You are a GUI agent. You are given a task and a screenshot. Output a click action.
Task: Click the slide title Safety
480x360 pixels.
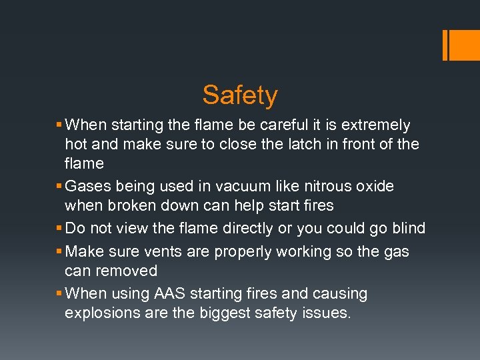click(x=240, y=95)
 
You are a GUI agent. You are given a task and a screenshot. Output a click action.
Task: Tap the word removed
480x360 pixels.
click(x=127, y=271)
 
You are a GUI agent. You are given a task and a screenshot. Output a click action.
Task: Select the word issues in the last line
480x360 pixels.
click(x=326, y=313)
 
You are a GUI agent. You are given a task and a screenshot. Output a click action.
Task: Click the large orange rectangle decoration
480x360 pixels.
click(x=460, y=45)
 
